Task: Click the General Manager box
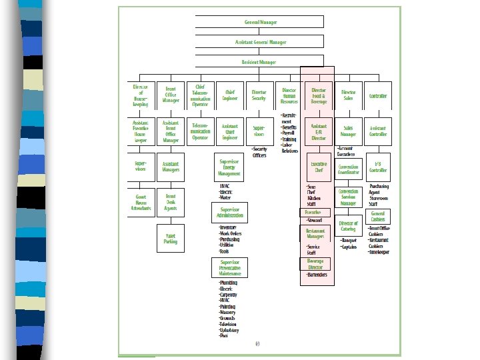pos(261,23)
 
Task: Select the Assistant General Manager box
pos(261,43)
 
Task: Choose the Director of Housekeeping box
pos(141,96)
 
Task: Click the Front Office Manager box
pos(171,96)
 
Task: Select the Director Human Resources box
pos(289,96)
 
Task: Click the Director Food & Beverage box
pos(319,96)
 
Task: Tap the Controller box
pos(378,96)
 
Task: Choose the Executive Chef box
pos(319,166)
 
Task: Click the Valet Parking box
pos(171,238)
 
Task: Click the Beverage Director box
pos(315,263)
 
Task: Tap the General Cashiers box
pos(378,217)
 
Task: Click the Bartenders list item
pos(317,275)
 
